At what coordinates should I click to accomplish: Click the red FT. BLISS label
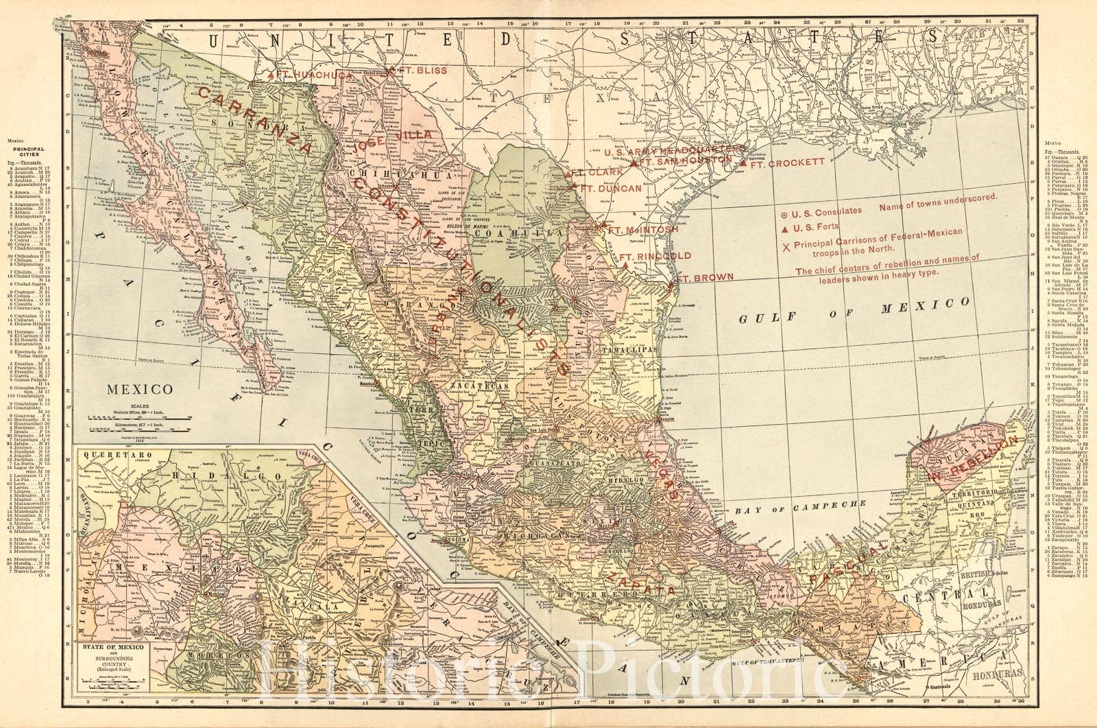(422, 71)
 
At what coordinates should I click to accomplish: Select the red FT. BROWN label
(706, 278)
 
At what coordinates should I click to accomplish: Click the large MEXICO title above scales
(139, 389)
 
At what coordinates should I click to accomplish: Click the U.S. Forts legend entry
(813, 228)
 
